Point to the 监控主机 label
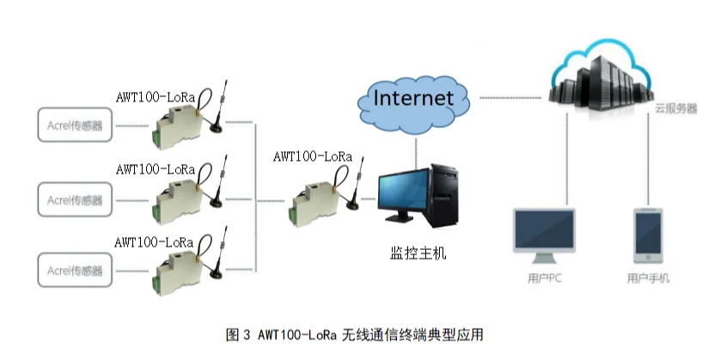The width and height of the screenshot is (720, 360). [x=418, y=255]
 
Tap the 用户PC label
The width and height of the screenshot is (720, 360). [x=545, y=278]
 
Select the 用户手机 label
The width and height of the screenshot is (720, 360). [x=648, y=278]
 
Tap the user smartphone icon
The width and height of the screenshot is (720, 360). [x=648, y=235]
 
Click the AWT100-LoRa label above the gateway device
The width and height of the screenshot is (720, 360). [x=312, y=156]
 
